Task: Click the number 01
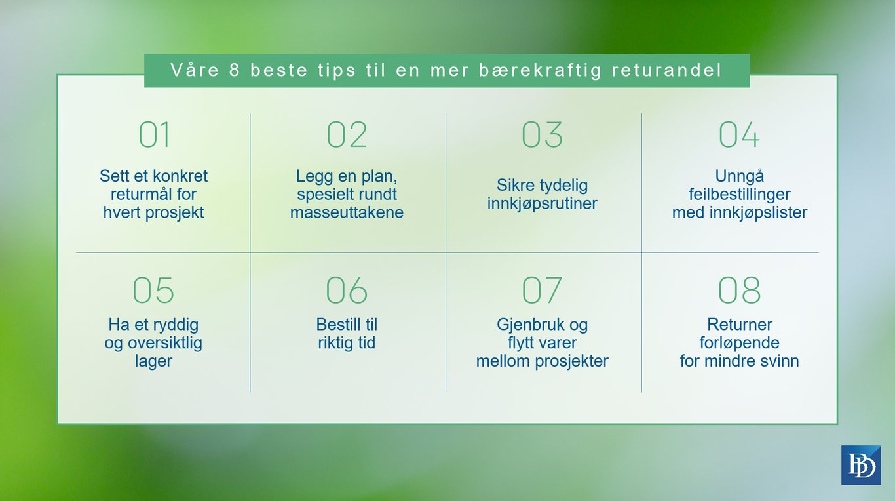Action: pyautogui.click(x=154, y=134)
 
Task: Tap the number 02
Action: pyautogui.click(x=347, y=134)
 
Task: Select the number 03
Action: pyautogui.click(x=542, y=134)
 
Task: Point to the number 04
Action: pyautogui.click(x=739, y=134)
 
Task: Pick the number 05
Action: pyautogui.click(x=153, y=291)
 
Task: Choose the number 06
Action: pyautogui.click(x=347, y=291)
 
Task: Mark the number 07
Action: pyautogui.click(x=542, y=291)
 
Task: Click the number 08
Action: pyautogui.click(x=739, y=291)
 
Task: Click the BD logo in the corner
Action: pyautogui.click(x=861, y=465)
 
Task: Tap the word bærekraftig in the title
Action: pyautogui.click(x=540, y=71)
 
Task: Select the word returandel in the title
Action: pyautogui.click(x=667, y=70)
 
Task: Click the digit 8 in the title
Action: pyautogui.click(x=234, y=70)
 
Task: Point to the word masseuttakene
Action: pyautogui.click(x=347, y=212)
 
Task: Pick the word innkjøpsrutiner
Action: pyautogui.click(x=543, y=203)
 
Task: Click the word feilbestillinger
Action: pyautogui.click(x=740, y=195)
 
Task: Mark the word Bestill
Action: pyautogui.click(x=336, y=324)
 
